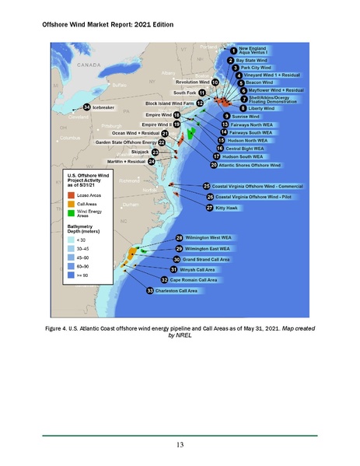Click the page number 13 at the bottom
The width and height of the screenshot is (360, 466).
179,445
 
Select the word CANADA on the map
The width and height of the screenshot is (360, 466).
84,65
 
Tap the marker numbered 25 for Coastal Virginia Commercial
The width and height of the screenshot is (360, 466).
206,187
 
